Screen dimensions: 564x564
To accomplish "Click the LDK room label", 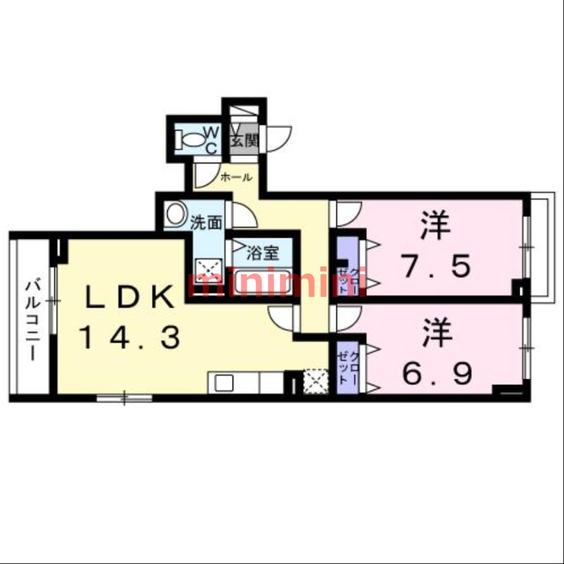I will tap(130, 297).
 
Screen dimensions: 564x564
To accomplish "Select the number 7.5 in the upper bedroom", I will tap(436, 266).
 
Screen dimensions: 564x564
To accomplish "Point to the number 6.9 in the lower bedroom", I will tap(437, 372).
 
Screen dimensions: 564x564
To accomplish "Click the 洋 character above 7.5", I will tap(436, 227).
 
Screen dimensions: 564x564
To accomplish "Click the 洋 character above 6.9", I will tap(437, 333).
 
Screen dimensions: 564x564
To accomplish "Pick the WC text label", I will tap(211, 139).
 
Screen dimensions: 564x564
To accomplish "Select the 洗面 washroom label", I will tap(207, 223).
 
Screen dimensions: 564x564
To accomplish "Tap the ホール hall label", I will tap(235, 178).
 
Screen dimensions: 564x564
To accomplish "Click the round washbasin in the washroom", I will tap(176, 212).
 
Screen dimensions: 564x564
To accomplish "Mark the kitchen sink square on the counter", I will tap(223, 384).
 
